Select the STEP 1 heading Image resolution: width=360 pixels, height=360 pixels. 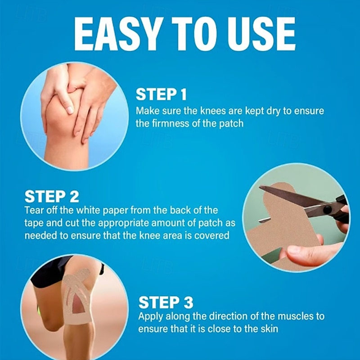(161, 94)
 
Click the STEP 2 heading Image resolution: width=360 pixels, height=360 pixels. (52, 196)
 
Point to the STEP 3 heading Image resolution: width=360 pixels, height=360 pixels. (166, 302)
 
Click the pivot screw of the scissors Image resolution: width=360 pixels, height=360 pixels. (327, 209)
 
